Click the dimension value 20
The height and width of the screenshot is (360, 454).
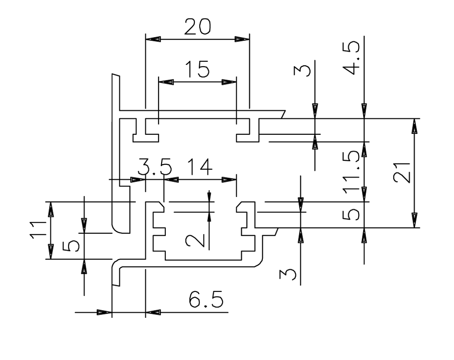tap(197, 27)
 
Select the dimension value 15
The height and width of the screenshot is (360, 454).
tap(197, 70)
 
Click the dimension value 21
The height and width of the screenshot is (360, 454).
tap(402, 173)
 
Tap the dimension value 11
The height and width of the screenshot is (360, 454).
tap(38, 231)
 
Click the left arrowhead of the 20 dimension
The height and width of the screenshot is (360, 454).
tap(151, 39)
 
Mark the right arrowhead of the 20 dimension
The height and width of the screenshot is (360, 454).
tap(243, 39)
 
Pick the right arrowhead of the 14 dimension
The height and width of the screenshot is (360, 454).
tap(231, 180)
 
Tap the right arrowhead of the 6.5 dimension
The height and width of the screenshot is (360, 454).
tap(151, 312)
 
